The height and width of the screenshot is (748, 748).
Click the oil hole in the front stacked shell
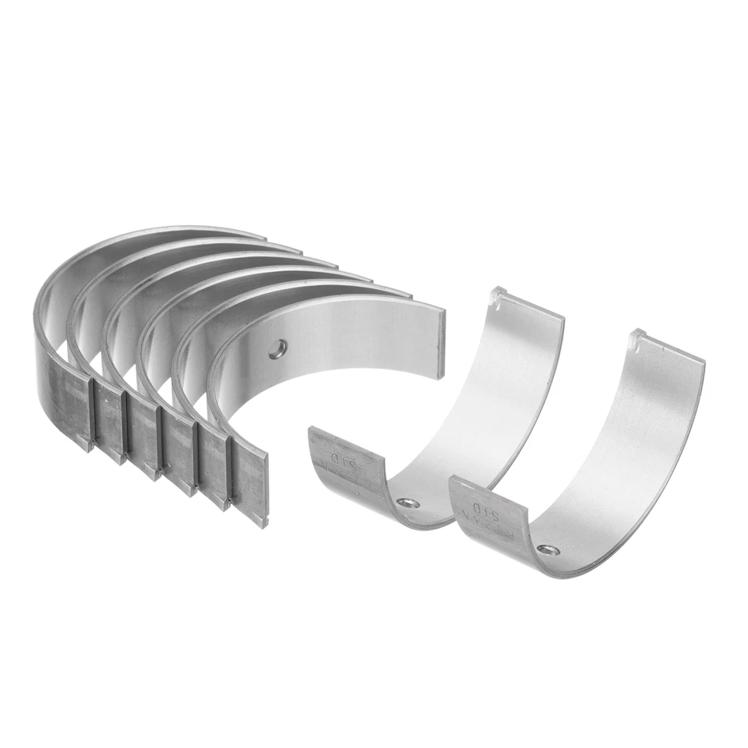point(276,349)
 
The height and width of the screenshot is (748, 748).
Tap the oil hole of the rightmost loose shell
point(552,551)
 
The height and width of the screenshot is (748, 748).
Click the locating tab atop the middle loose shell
point(499,296)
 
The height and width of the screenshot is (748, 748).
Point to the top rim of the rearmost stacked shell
point(156,235)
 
